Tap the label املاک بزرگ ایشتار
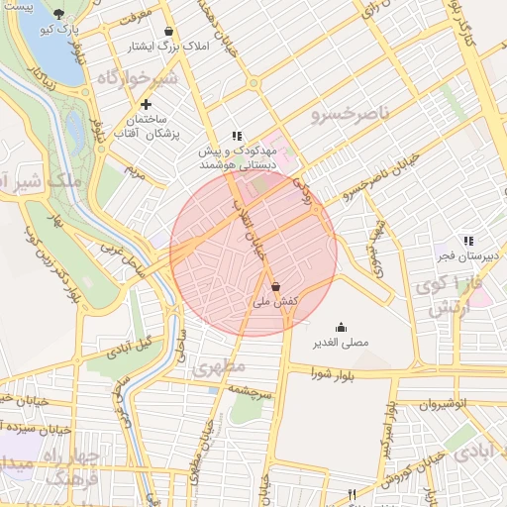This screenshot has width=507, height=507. point(165,47)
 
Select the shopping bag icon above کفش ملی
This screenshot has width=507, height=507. point(273,286)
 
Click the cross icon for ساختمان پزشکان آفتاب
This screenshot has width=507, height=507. point(146,104)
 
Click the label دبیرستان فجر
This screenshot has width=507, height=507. point(467,255)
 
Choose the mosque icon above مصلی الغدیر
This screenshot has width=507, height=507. point(342,328)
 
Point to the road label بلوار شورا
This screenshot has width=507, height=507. point(332,373)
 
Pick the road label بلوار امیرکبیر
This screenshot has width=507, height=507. point(394,436)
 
